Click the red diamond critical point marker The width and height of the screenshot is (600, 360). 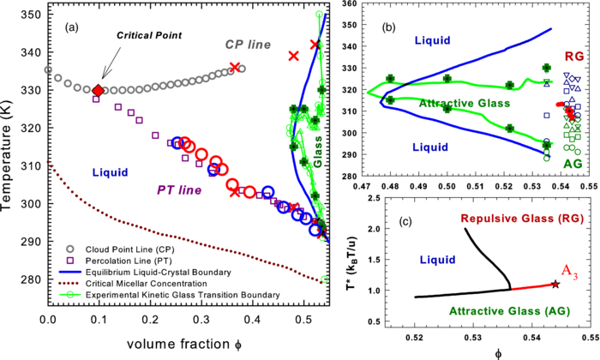pos(98,90)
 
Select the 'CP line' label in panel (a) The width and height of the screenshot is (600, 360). pos(249,44)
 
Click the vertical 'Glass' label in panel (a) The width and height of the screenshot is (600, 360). pos(317,151)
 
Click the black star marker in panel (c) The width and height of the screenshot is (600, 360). pos(555,283)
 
